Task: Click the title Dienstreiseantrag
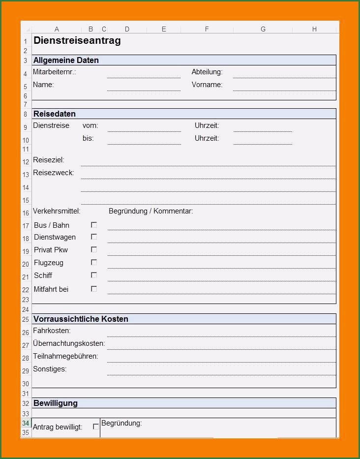[77, 41]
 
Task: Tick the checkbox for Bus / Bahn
[94, 225]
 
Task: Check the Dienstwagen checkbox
[94, 237]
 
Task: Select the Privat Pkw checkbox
[94, 249]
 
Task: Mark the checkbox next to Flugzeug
[94, 262]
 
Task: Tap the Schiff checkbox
[94, 275]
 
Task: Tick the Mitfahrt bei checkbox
[94, 289]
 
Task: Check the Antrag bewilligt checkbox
[96, 427]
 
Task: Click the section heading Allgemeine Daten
[66, 61]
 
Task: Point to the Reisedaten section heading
[55, 114]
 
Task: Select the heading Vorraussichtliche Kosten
[81, 319]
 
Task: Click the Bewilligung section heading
[56, 403]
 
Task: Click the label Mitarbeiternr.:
[55, 72]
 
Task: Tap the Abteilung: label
[207, 72]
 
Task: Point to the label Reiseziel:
[49, 160]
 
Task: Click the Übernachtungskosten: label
[69, 343]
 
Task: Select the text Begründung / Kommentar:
[150, 211]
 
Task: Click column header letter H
[314, 30]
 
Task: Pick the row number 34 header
[26, 423]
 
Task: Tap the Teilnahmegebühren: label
[65, 356]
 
